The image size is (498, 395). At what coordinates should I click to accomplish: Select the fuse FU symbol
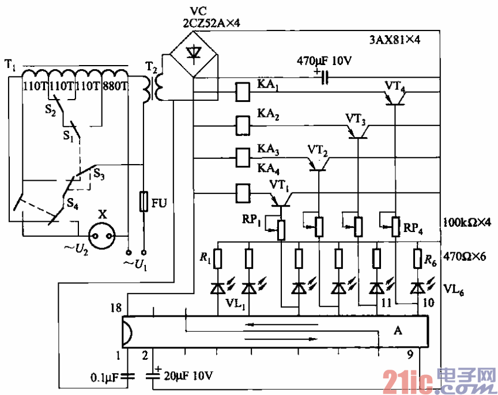tap(145, 202)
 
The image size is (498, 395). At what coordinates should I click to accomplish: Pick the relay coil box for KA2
tap(243, 124)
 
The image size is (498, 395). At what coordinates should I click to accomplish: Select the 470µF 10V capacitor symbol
tap(326, 77)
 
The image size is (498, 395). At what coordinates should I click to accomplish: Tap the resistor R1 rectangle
tap(218, 259)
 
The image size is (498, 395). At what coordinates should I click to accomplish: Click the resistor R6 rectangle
tap(417, 259)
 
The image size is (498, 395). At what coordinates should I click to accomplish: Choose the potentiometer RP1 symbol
tap(281, 229)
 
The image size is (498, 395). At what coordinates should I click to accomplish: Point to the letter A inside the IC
tap(397, 331)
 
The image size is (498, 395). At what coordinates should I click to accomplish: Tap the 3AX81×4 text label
tap(395, 40)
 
